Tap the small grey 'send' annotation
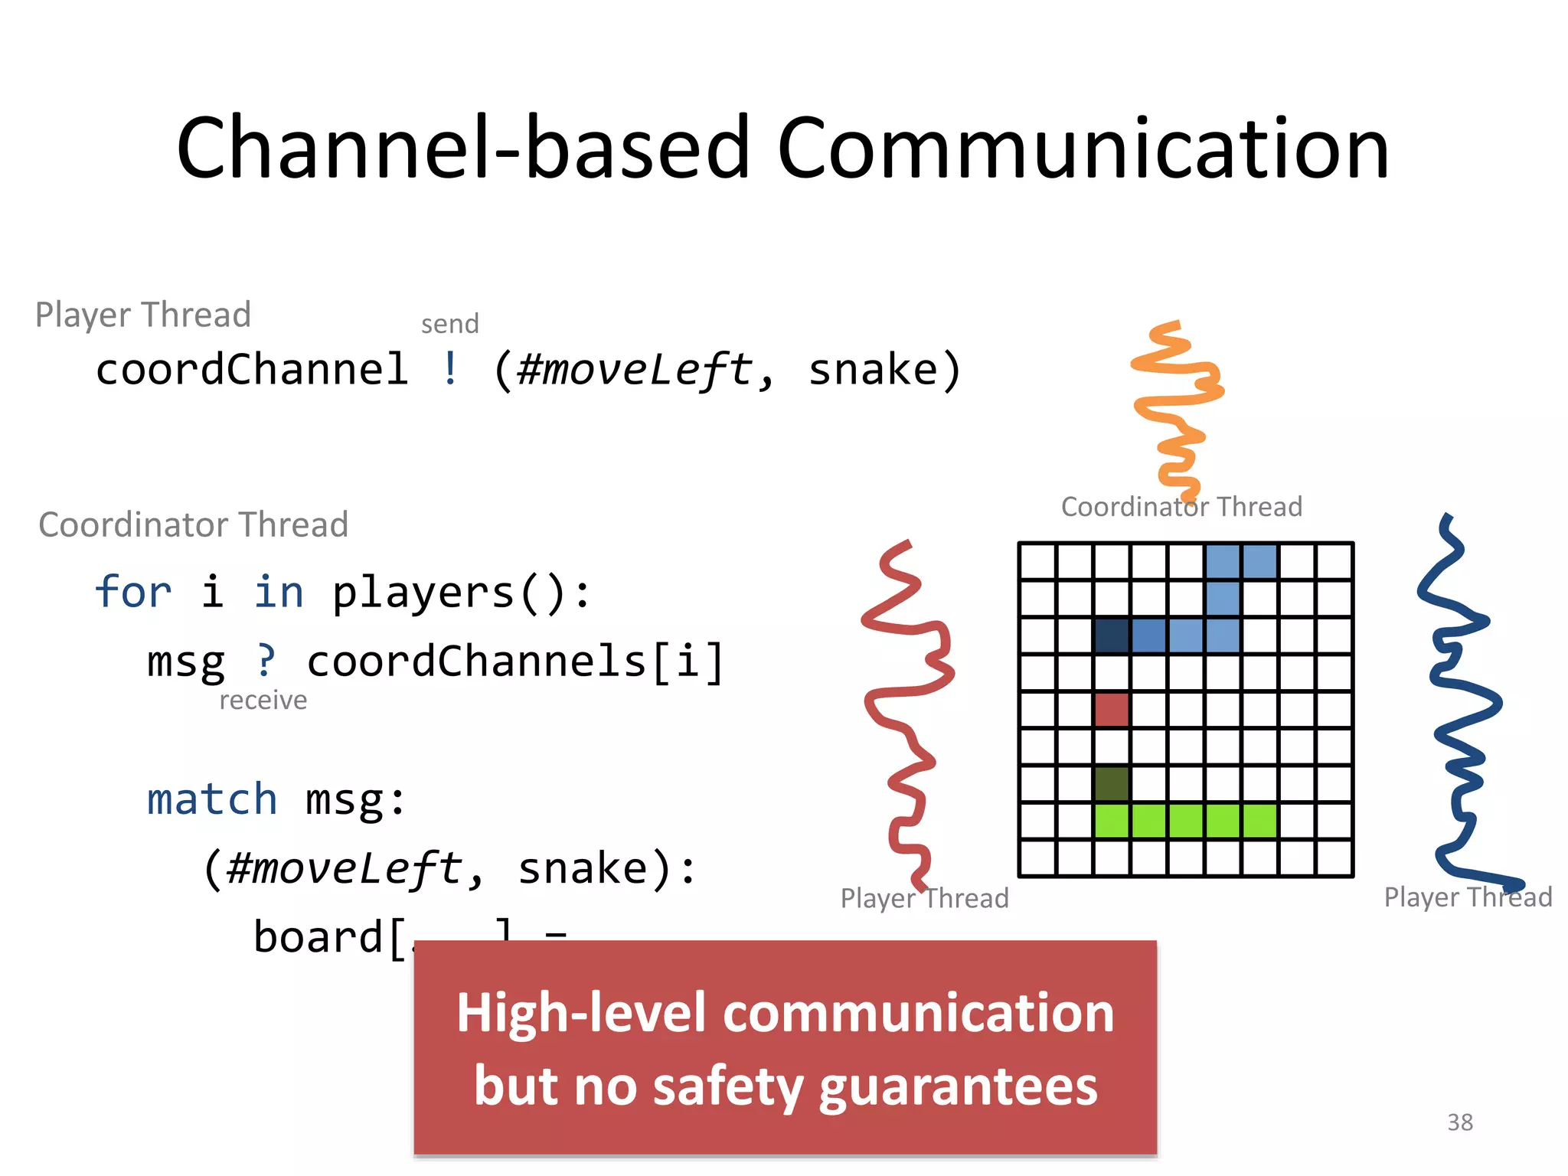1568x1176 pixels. [449, 324]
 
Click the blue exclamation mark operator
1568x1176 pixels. [451, 369]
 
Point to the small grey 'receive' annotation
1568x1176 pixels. [263, 700]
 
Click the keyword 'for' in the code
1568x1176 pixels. [133, 593]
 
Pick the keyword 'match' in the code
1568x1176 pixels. [211, 799]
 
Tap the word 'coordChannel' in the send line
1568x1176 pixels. [252, 369]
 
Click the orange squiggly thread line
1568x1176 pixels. [1175, 406]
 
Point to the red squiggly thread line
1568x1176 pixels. [908, 712]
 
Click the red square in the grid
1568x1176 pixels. [1112, 710]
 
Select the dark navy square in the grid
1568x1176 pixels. [1112, 635]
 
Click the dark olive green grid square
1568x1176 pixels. [1112, 783]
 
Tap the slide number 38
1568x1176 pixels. [1459, 1122]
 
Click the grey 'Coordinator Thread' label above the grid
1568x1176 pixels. [1181, 507]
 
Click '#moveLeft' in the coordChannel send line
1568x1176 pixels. [635, 369]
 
